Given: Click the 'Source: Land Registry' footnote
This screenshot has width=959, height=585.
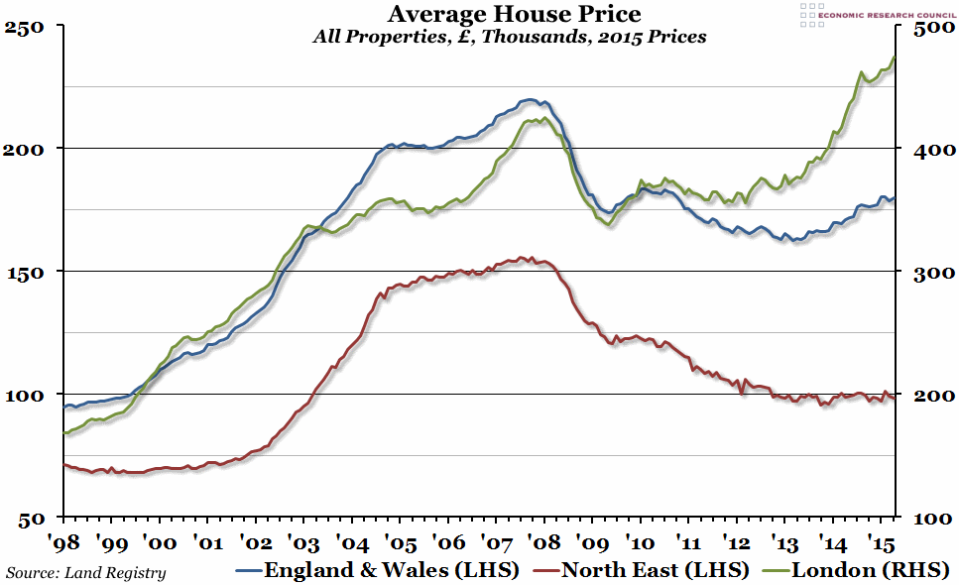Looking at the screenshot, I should (86, 572).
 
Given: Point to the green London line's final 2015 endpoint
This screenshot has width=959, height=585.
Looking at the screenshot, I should (895, 58).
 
